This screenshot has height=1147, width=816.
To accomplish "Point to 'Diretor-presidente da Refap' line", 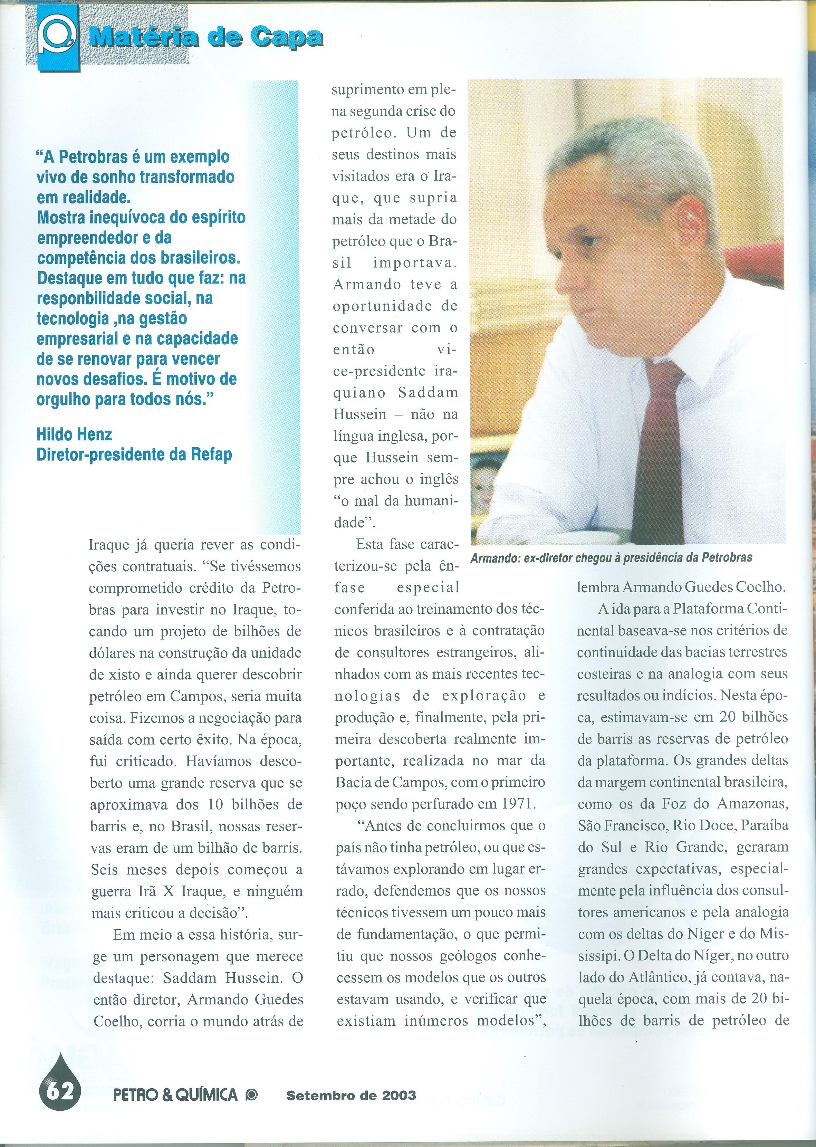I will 134,454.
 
